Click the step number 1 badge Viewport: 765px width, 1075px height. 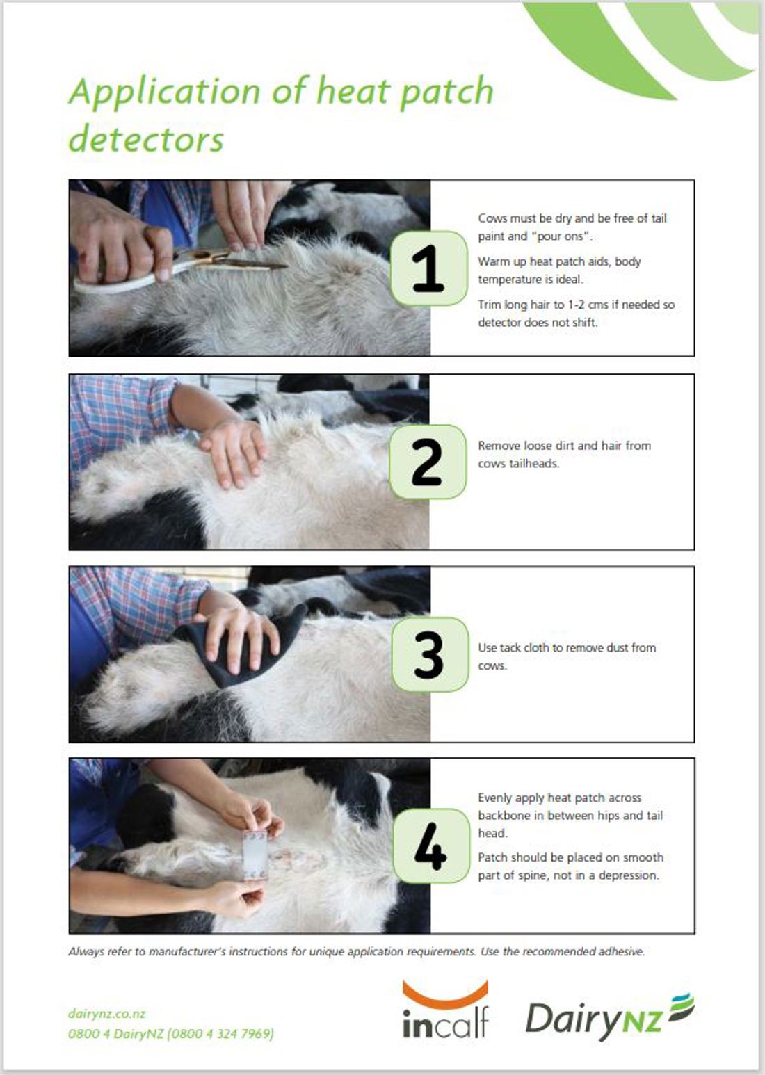tap(428, 268)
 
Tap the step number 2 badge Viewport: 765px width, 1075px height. tap(428, 462)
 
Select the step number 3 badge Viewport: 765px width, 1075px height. tap(430, 654)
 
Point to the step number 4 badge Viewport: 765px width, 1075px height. tap(431, 846)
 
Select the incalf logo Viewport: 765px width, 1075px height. tap(445, 1010)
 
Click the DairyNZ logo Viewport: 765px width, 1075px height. tap(609, 1017)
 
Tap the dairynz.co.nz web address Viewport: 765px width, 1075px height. tap(106, 1014)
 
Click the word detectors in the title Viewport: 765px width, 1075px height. tap(146, 140)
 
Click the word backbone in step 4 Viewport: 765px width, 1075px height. tap(503, 816)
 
